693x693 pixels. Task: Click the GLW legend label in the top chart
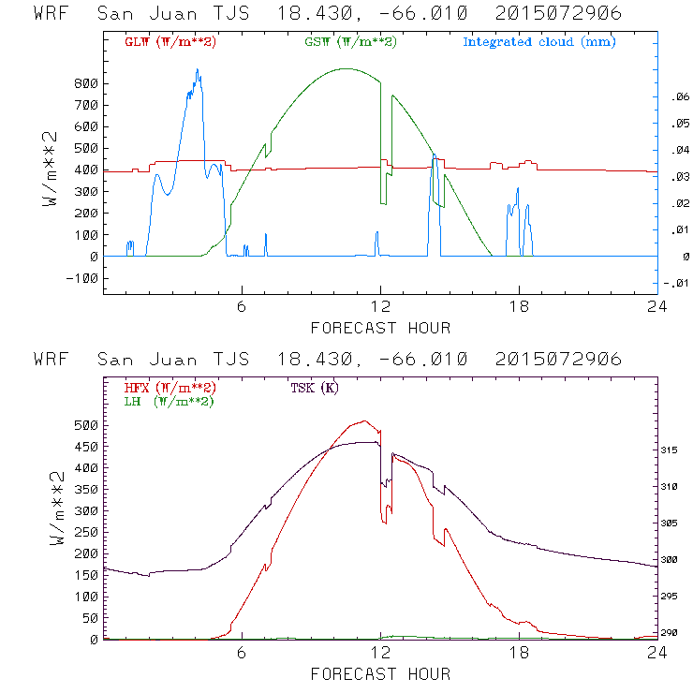coord(170,42)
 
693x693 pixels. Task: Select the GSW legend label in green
coord(349,42)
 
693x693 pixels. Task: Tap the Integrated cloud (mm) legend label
coord(539,42)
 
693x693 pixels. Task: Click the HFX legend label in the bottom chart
coord(170,388)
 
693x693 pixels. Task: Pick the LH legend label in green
coord(169,401)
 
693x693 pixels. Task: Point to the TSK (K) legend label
coord(314,388)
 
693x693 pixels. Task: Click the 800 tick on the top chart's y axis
coord(85,83)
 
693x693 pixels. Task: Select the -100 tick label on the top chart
coord(81,278)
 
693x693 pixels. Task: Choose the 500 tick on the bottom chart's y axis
coord(85,424)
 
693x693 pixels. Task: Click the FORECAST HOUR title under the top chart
coord(380,328)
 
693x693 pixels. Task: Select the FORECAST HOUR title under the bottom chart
coord(380,674)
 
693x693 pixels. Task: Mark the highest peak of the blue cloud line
coord(198,69)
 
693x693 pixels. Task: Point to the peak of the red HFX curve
coord(364,420)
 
